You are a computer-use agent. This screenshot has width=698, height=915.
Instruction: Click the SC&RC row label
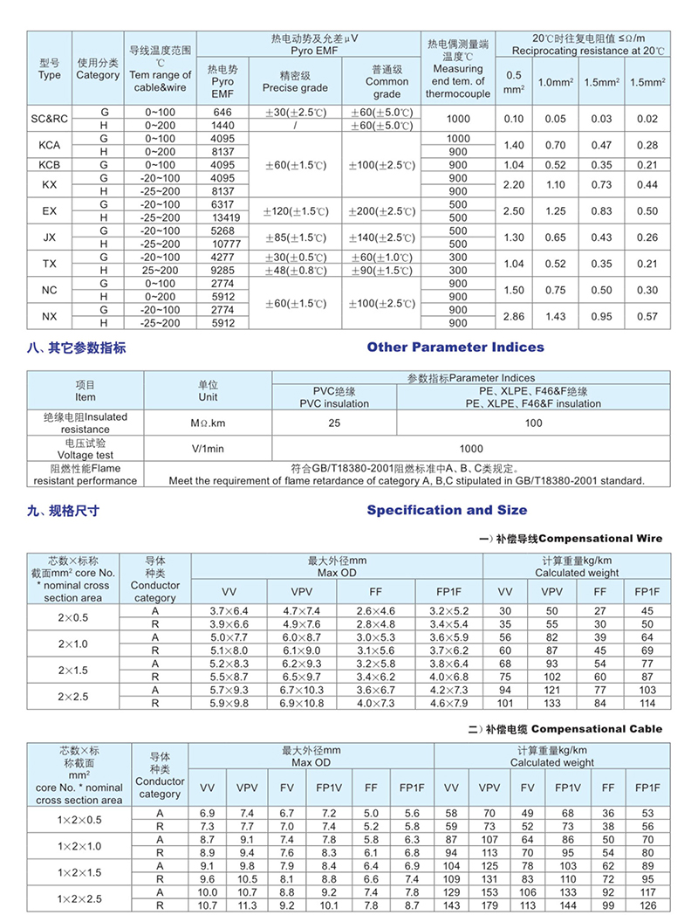[x=50, y=119]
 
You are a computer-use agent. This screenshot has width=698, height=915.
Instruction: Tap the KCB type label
[x=50, y=165]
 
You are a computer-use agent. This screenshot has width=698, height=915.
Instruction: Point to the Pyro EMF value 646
[x=222, y=113]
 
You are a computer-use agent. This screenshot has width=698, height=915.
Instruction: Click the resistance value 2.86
[x=514, y=316]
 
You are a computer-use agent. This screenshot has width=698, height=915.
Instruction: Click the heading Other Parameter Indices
[x=455, y=347]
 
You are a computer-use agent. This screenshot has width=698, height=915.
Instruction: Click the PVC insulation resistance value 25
[x=334, y=423]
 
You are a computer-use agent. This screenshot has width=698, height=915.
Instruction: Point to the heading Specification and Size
[x=447, y=510]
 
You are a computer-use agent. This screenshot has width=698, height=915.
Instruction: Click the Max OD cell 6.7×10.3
[x=296, y=690]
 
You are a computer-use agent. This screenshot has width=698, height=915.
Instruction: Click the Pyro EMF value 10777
[x=222, y=244]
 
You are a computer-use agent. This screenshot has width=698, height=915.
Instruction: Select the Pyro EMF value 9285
[x=222, y=271]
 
